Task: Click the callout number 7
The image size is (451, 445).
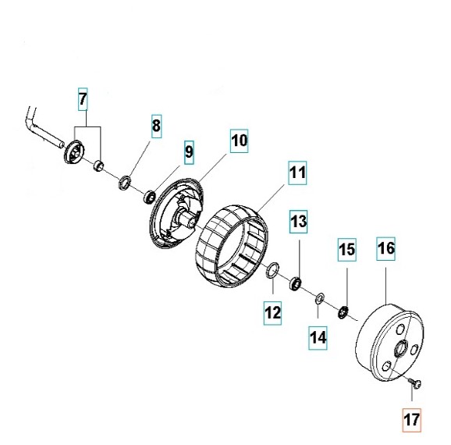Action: (x=83, y=99)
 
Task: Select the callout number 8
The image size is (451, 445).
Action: (x=156, y=126)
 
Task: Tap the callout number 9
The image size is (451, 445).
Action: (x=189, y=152)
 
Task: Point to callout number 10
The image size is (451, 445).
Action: (x=239, y=141)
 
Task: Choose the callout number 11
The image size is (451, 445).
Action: (x=297, y=173)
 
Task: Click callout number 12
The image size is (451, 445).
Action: (x=272, y=313)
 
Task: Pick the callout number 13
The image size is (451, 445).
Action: (x=299, y=222)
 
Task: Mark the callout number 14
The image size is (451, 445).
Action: (x=318, y=337)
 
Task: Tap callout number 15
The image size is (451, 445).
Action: (x=347, y=250)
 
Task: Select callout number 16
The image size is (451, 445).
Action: (x=385, y=249)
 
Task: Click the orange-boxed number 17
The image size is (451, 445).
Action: (x=412, y=420)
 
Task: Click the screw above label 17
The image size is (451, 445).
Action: (x=415, y=383)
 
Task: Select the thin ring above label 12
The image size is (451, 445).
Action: (x=272, y=270)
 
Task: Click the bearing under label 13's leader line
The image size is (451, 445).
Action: (x=295, y=283)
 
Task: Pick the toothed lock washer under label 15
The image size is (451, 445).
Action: (x=343, y=312)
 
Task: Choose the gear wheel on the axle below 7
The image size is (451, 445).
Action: (x=73, y=151)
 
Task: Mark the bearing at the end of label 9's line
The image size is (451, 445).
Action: (x=150, y=196)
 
